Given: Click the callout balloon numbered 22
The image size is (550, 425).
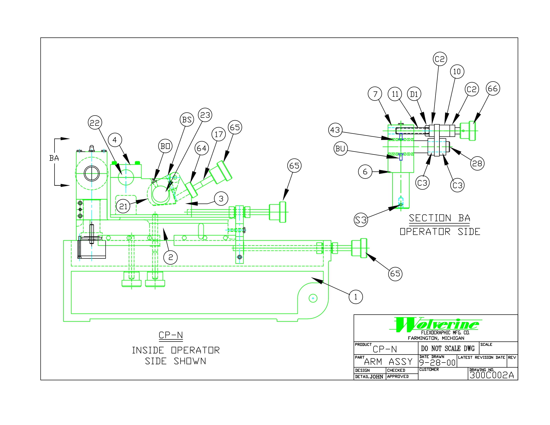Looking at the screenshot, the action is (95, 122).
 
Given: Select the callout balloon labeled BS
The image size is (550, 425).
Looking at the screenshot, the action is (187, 119).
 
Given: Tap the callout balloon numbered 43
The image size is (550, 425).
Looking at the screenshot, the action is (335, 130).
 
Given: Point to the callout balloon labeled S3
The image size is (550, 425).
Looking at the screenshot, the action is (361, 220).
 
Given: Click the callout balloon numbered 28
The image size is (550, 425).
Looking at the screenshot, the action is (477, 163).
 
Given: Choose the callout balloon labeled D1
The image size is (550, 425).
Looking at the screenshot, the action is (414, 94).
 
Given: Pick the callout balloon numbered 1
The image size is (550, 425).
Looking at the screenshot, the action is (356, 297).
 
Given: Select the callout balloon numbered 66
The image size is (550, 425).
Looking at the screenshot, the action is (493, 88).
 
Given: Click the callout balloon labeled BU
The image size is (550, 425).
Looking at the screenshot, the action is (340, 148).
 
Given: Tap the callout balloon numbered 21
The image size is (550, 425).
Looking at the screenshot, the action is (123, 206).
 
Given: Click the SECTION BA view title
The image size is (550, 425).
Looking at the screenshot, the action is (439, 218).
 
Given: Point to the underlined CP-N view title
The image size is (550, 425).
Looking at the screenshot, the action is (171, 335).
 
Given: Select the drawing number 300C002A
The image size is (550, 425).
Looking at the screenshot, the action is (491, 375).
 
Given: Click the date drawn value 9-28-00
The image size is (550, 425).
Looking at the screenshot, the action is (437, 362).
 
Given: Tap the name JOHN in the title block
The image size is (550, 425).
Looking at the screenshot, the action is (376, 377).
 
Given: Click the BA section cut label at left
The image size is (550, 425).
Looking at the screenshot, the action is (54, 158).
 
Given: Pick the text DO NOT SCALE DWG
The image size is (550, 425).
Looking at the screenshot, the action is (448, 348).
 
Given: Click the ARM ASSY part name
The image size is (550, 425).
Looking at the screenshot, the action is (388, 362).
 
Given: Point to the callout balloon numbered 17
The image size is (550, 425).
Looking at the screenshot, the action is (218, 134).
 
